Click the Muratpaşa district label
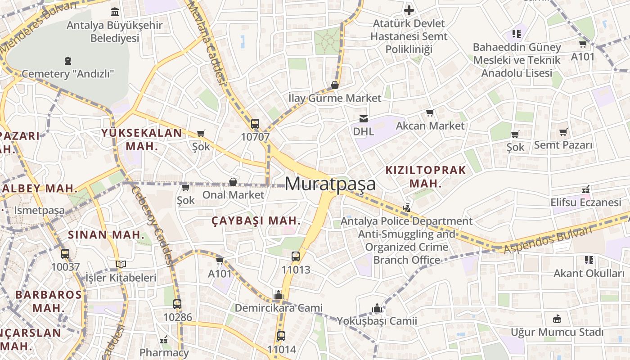coord(330,184)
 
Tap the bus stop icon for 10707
coord(255,124)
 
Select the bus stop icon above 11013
coord(296,256)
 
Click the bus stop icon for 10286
coord(177,304)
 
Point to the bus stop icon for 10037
coord(65,254)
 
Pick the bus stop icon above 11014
coord(281,336)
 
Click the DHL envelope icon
coord(363,119)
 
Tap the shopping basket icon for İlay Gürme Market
coord(335,85)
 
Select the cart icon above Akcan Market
coord(430,113)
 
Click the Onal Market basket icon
coord(233,182)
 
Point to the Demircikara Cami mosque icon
coord(279,295)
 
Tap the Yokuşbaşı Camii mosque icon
coord(377,308)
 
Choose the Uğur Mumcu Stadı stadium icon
coord(557,319)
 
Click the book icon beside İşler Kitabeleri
coord(121,265)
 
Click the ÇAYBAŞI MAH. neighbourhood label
coord(256,221)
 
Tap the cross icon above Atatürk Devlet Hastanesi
coord(409,10)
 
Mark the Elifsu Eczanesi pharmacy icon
coord(585,189)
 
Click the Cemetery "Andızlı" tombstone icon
coord(68,60)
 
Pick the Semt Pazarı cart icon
coord(563,132)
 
